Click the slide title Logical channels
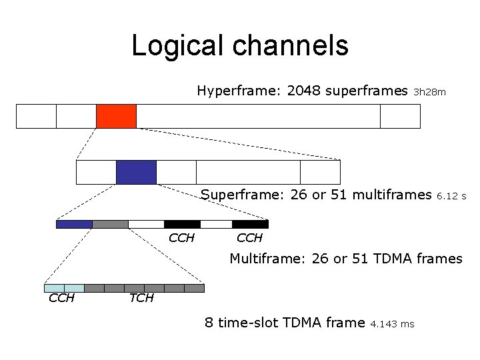pos(240,45)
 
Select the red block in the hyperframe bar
pos(116,116)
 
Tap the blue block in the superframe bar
pos(136,172)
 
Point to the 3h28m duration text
pos(430,92)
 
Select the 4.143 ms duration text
pos(392,324)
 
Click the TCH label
pos(141,298)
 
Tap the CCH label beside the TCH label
pos(61,298)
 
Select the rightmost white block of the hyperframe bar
pos(400,116)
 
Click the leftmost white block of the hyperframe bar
pos(36,116)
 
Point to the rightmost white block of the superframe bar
pos(320,172)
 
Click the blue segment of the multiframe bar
pos(74,224)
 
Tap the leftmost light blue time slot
pos(54,288)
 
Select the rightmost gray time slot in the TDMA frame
pos(194,288)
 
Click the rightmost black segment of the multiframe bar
pos(250,224)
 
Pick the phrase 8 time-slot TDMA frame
pos(285,323)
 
